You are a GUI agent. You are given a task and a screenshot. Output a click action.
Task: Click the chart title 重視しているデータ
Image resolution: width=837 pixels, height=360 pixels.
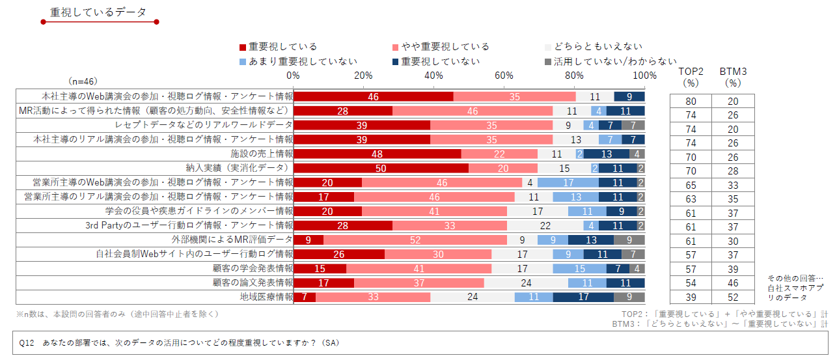pos(98,12)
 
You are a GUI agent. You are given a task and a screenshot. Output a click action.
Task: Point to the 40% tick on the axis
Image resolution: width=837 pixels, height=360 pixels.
pos(433,76)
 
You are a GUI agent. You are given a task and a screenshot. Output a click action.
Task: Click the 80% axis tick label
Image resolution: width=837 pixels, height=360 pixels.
pos(574,76)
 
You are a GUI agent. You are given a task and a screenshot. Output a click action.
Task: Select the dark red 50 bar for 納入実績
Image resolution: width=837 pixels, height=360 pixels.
pos(381,168)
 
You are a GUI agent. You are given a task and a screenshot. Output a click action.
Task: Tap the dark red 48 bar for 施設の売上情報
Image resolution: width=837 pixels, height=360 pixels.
pos(377,154)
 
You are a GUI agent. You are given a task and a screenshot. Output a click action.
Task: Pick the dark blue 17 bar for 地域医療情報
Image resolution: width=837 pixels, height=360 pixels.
pos(583,297)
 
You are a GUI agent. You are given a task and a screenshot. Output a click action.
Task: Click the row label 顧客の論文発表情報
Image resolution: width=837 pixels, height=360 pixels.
pos(253,283)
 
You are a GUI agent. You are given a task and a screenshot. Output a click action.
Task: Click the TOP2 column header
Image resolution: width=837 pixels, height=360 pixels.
pos(691,77)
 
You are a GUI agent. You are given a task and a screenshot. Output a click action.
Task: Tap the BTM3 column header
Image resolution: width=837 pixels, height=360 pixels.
pos(733,77)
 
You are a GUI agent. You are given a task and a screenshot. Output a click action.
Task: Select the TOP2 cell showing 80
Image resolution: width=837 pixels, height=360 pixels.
pos(691,101)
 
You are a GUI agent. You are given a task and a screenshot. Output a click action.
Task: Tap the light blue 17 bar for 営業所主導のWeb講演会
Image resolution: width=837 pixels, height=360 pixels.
pos(568,182)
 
